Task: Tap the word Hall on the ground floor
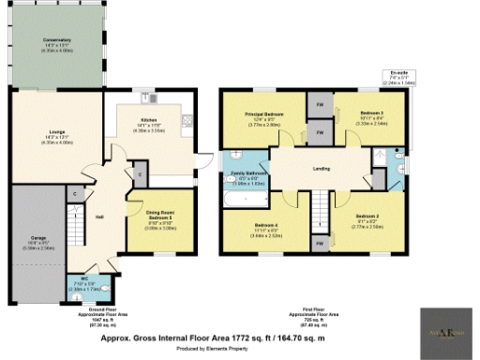[x=99, y=217]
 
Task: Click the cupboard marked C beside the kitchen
[x=138, y=173]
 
